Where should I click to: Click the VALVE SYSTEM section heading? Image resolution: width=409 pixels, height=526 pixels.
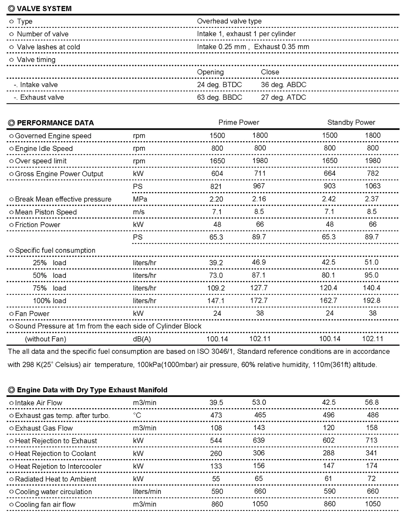44,9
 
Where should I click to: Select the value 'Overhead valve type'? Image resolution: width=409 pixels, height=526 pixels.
229,21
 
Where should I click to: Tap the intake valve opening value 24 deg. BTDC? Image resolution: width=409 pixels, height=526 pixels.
219,85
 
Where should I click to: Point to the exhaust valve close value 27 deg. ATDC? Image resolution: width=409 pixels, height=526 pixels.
283,97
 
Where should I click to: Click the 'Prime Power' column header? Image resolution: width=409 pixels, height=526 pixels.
238,123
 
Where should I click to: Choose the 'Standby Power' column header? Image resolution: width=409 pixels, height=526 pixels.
351,123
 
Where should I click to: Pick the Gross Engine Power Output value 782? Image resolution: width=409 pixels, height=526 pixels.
373,173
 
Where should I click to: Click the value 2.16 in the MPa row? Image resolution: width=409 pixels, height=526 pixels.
259,199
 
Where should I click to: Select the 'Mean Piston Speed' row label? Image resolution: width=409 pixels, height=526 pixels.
46,212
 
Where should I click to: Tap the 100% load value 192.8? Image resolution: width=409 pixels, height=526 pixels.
371,301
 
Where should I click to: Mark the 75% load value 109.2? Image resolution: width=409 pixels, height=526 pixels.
216,288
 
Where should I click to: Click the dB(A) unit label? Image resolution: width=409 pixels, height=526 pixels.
142,339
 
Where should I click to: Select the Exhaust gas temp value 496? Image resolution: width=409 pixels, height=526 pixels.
329,415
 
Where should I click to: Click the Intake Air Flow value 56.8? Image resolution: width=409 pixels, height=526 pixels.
372,402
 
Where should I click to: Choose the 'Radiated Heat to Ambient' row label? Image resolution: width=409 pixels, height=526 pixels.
55,479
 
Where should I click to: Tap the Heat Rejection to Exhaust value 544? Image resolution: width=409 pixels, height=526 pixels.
216,440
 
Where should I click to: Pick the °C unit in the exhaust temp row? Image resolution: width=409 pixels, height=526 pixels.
137,415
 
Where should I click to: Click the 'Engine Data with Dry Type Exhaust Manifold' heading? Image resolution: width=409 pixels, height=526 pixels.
92,390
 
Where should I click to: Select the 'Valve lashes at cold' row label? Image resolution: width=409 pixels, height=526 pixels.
48,47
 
